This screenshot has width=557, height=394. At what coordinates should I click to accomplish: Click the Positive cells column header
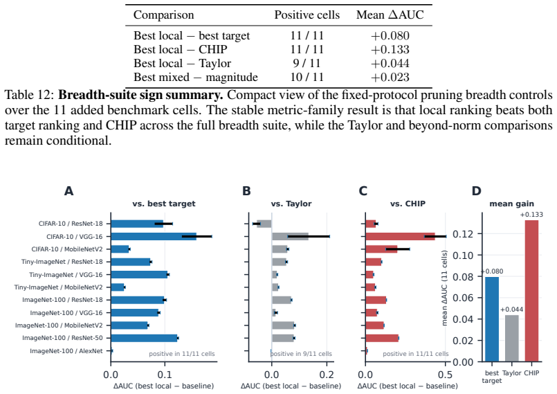[307, 15]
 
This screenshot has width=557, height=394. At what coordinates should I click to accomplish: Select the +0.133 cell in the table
[390, 49]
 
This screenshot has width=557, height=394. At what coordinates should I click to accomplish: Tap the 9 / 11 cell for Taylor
[307, 63]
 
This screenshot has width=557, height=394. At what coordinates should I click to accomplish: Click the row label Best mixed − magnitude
[196, 77]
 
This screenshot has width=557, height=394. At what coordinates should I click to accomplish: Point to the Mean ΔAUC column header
[390, 15]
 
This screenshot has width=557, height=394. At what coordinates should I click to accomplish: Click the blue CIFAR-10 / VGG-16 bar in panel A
[154, 237]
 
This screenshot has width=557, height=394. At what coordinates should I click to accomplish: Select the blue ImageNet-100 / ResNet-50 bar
[144, 338]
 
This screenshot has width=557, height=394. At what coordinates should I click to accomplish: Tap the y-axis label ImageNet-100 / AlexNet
[66, 351]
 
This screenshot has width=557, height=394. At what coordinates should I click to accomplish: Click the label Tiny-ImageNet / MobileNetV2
[58, 287]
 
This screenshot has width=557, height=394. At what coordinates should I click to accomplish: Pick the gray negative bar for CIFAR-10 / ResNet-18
[264, 224]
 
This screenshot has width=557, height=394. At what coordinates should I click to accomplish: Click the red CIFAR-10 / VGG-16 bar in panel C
[401, 237]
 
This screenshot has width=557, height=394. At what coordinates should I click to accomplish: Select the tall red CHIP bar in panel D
[531, 291]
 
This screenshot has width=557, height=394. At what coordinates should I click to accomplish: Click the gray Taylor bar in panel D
[511, 338]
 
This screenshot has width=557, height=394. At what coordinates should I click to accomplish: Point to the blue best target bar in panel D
[492, 319]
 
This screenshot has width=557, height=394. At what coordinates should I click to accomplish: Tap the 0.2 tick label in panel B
[327, 375]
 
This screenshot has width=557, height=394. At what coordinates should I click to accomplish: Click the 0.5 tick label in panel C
[446, 375]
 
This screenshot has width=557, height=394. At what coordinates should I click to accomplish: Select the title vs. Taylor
[291, 204]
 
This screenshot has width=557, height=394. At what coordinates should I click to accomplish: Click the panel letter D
[476, 191]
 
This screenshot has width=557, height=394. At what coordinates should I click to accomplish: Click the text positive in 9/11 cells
[301, 354]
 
